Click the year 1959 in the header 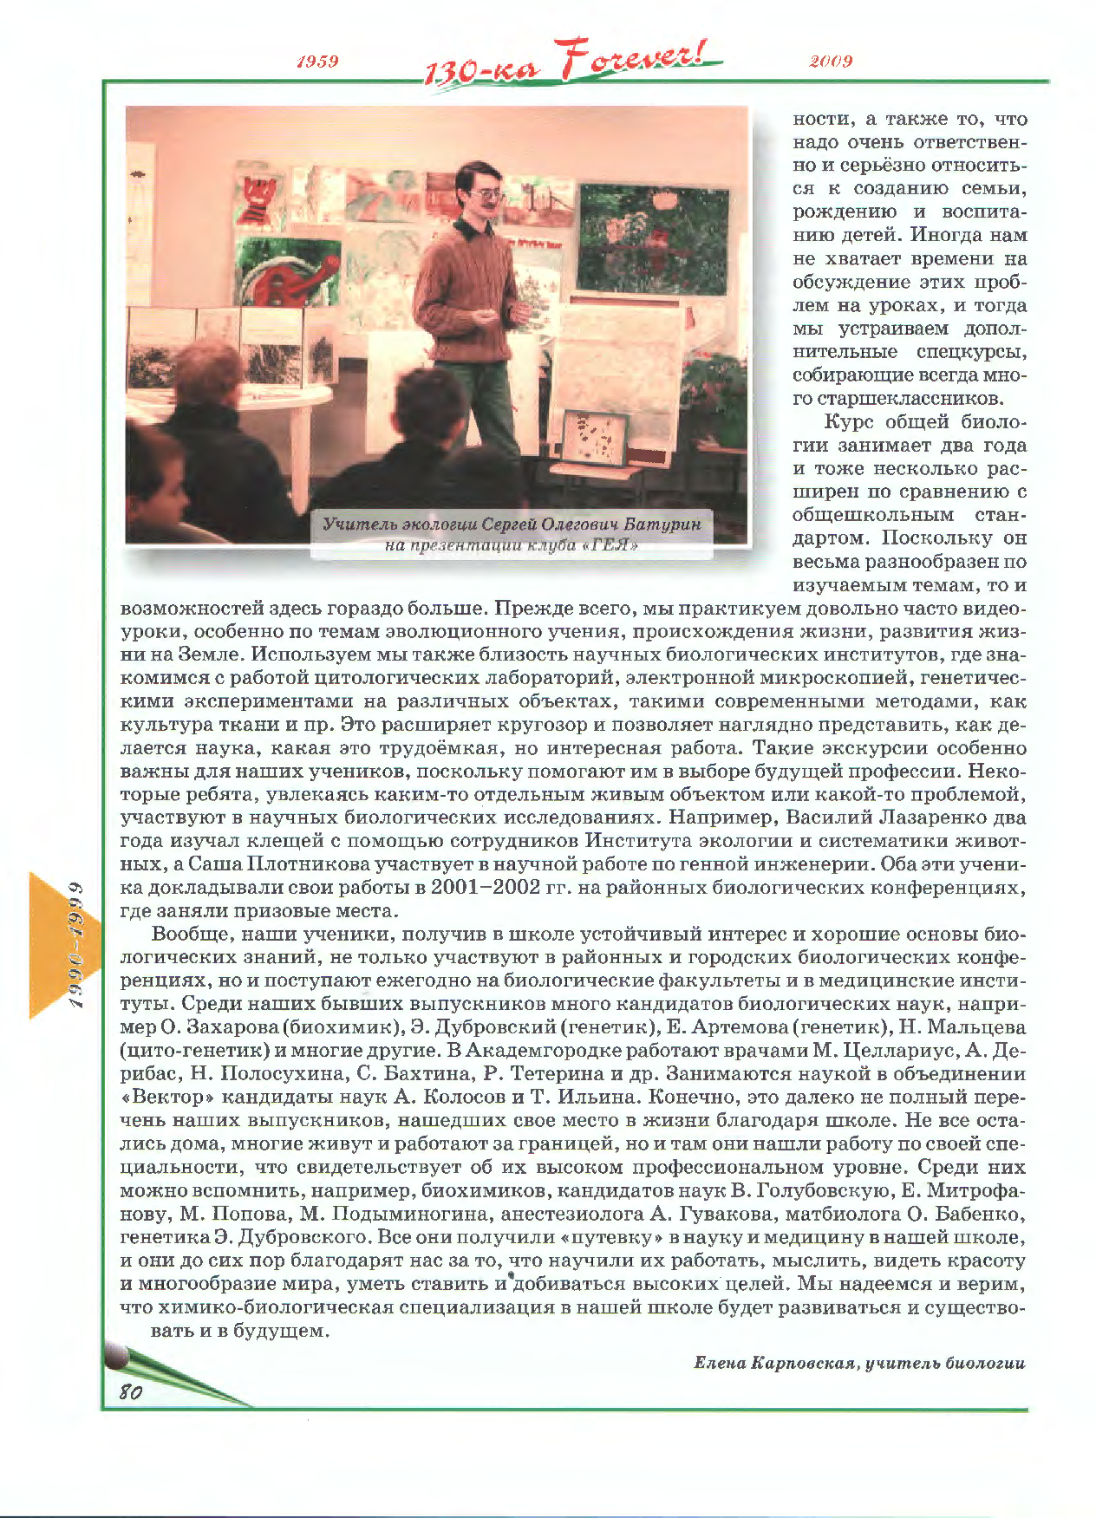click(x=317, y=61)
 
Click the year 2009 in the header click(x=831, y=61)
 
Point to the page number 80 click(x=131, y=1391)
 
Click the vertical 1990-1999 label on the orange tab click(x=76, y=945)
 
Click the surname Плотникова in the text click(x=308, y=864)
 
